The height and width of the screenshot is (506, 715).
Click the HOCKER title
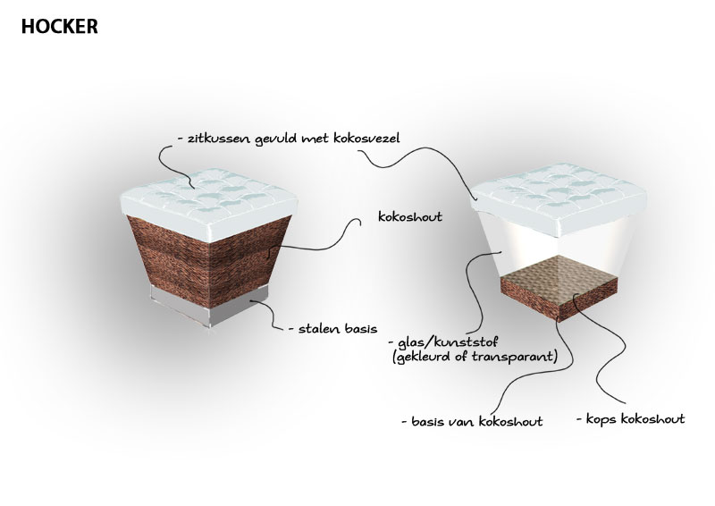[59, 27]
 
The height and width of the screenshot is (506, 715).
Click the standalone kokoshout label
[410, 216]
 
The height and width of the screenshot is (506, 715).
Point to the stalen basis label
[332, 328]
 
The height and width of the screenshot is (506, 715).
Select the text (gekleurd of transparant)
[475, 357]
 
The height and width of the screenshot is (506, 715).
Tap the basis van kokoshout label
[472, 421]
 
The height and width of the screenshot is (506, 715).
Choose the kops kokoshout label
[631, 419]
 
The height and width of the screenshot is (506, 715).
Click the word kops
[601, 420]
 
